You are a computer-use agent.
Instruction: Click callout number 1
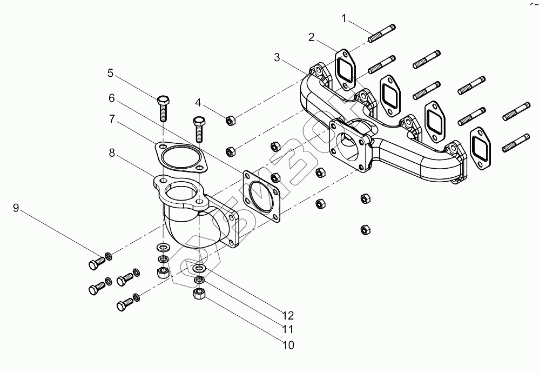pyautogui.click(x=344, y=19)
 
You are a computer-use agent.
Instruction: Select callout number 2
pyautogui.click(x=312, y=37)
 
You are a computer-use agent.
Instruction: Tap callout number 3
pyautogui.click(x=277, y=57)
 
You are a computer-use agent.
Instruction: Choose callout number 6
pyautogui.click(x=112, y=98)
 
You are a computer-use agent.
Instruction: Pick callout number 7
pyautogui.click(x=112, y=119)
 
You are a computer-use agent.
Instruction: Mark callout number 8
pyautogui.click(x=112, y=153)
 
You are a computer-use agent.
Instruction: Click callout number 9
pyautogui.click(x=16, y=207)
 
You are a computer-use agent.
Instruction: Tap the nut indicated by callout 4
pyautogui.click(x=229, y=120)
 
